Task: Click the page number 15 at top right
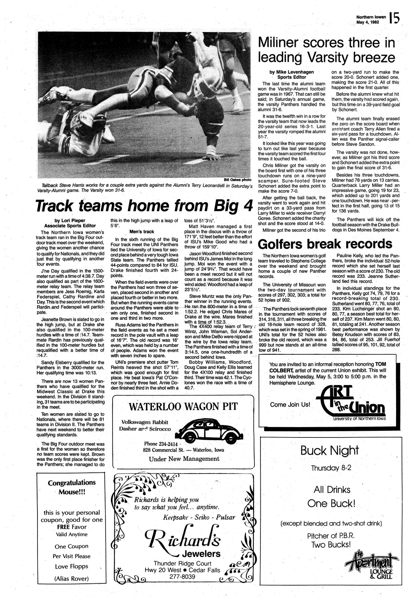click(395, 18)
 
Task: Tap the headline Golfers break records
click(325, 244)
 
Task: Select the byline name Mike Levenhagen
click(290, 72)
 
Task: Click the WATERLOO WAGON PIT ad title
click(183, 406)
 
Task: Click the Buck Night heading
click(330, 451)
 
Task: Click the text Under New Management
click(184, 459)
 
